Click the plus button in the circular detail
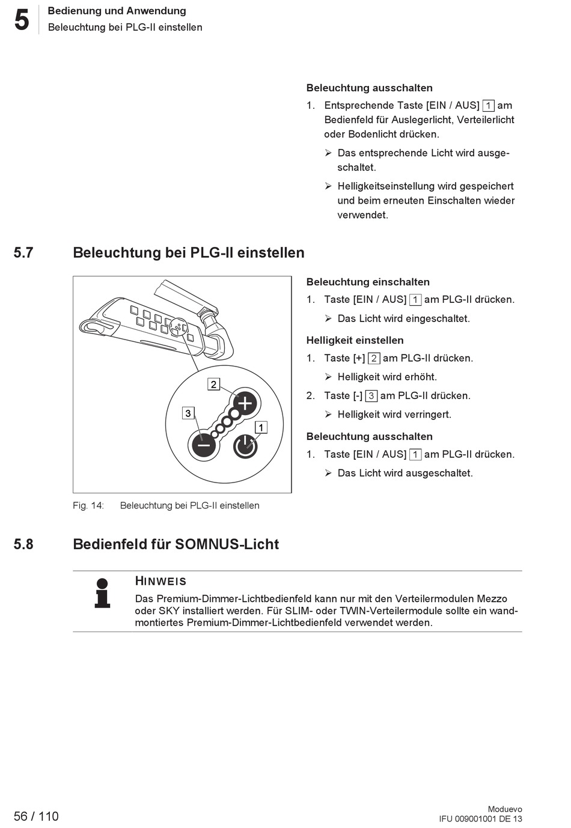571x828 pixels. (245, 403)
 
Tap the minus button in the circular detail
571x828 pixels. (204, 446)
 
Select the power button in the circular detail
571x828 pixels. (245, 446)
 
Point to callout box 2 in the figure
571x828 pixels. (213, 384)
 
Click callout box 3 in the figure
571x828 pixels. (188, 413)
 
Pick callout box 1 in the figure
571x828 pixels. (261, 428)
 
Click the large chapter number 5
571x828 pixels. (22, 20)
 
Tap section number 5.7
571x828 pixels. (23, 252)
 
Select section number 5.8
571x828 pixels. (23, 544)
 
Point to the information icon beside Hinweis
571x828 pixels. (103, 592)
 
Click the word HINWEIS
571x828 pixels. (160, 581)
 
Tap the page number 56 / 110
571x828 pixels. (37, 816)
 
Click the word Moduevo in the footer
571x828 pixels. (505, 809)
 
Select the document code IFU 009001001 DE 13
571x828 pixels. (480, 818)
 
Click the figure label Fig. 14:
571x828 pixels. (88, 505)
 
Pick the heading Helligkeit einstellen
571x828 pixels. (355, 340)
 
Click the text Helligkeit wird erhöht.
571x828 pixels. (387, 377)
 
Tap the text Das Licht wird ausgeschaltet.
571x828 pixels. (405, 473)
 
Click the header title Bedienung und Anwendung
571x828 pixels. (117, 11)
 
